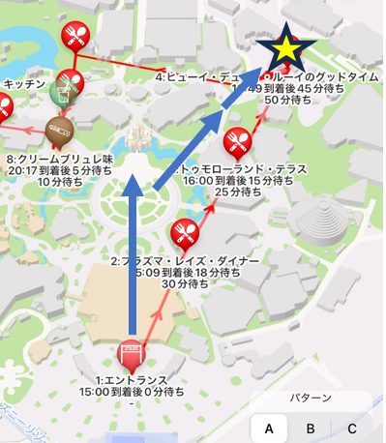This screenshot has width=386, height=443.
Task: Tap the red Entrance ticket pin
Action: [130, 354]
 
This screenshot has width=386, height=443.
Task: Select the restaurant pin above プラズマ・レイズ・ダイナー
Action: [183, 233]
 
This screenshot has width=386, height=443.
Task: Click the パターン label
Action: [312, 398]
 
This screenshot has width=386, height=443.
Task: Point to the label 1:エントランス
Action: [132, 379]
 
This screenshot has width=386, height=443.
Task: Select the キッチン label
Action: [23, 84]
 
